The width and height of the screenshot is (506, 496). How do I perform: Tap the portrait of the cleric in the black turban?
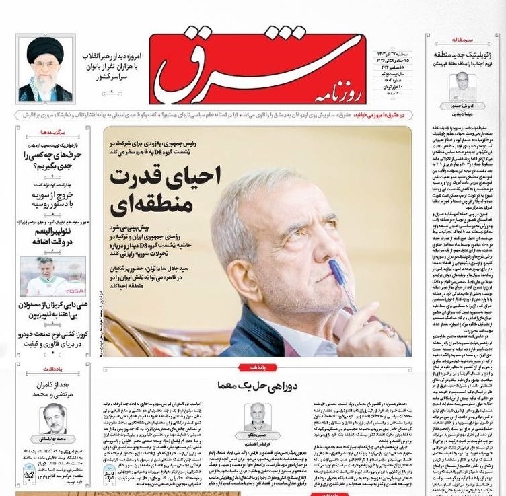point(45,69)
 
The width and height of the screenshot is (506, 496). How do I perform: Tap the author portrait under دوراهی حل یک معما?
point(257,417)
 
